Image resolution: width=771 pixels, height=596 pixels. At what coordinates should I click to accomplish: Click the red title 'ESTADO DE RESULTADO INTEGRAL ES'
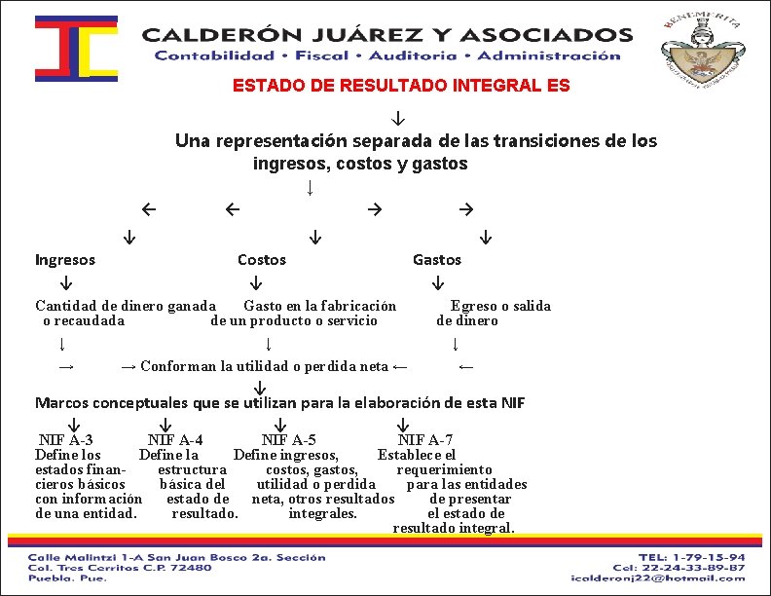(401, 86)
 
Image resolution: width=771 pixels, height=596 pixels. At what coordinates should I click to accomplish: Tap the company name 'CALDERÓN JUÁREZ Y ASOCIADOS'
(387, 35)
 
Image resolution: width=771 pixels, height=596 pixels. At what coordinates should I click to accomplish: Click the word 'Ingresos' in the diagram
(65, 260)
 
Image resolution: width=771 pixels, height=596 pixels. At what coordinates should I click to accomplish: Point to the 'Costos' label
(262, 260)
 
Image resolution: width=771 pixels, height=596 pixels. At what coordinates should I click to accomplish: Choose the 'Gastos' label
(437, 260)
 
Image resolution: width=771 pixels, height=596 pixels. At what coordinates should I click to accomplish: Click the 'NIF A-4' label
(175, 440)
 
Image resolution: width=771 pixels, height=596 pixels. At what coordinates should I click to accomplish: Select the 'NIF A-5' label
(288, 440)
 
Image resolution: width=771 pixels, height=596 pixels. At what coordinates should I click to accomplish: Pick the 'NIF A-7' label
(425, 440)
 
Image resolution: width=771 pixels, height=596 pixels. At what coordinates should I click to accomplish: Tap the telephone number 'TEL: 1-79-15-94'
(693, 556)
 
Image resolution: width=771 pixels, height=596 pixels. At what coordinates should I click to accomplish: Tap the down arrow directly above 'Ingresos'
(128, 237)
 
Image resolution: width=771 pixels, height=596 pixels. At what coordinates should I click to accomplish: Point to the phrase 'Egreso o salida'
(500, 306)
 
